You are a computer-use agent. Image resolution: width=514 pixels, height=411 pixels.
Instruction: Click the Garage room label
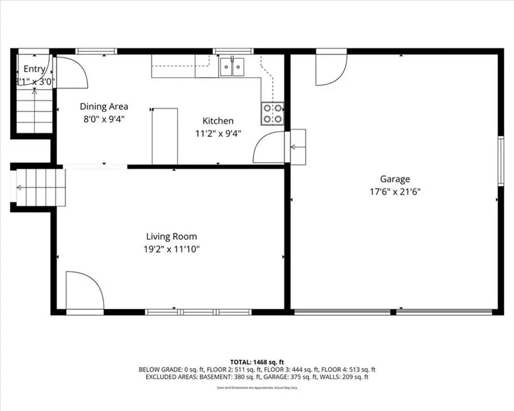tap(395, 179)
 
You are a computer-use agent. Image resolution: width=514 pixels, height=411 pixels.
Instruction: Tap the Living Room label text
tap(171, 236)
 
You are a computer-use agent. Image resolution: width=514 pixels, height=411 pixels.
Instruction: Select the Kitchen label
tap(218, 121)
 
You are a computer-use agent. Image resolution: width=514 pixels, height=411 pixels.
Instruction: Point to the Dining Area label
tap(104, 106)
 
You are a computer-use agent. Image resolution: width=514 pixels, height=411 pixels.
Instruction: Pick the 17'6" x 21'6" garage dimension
tap(395, 192)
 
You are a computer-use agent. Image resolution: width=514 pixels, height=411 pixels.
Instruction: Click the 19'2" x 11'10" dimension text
tap(171, 249)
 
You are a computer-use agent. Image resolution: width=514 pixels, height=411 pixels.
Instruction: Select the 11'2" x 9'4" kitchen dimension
tap(218, 134)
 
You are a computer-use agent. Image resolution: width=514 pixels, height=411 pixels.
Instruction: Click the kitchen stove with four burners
tap(272, 113)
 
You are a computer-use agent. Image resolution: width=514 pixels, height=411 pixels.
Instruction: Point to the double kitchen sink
tap(232, 67)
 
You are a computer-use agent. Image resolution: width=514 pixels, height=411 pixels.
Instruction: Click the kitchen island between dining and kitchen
tap(164, 136)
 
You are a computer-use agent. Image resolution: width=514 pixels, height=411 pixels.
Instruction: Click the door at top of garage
tap(331, 68)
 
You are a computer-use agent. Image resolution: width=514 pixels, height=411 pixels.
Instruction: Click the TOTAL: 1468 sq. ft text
tap(256, 362)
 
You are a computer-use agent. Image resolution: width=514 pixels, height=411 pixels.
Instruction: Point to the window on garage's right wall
tap(500, 161)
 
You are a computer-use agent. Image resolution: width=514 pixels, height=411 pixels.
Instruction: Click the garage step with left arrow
tap(298, 147)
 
